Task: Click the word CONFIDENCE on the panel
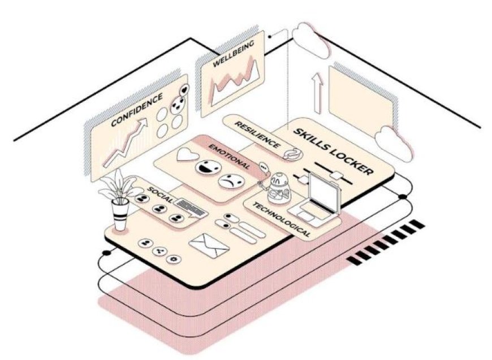click(x=137, y=110)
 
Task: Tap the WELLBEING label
click(x=234, y=54)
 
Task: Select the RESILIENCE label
click(x=257, y=135)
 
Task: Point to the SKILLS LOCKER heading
click(x=334, y=151)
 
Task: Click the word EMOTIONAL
click(x=230, y=157)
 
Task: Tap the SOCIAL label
click(x=160, y=195)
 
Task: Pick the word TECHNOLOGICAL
click(x=282, y=219)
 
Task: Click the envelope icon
click(x=209, y=245)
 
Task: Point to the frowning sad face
click(x=231, y=181)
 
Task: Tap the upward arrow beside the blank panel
click(x=318, y=93)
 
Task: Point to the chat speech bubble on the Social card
click(x=191, y=207)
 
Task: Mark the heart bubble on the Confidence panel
click(x=184, y=90)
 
